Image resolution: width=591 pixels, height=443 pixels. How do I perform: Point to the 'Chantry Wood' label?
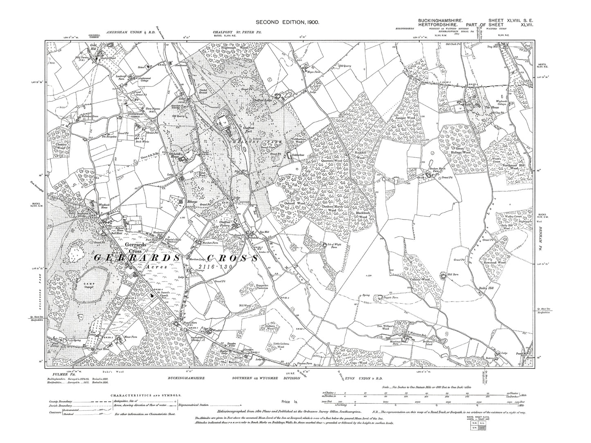tap(59, 146)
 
